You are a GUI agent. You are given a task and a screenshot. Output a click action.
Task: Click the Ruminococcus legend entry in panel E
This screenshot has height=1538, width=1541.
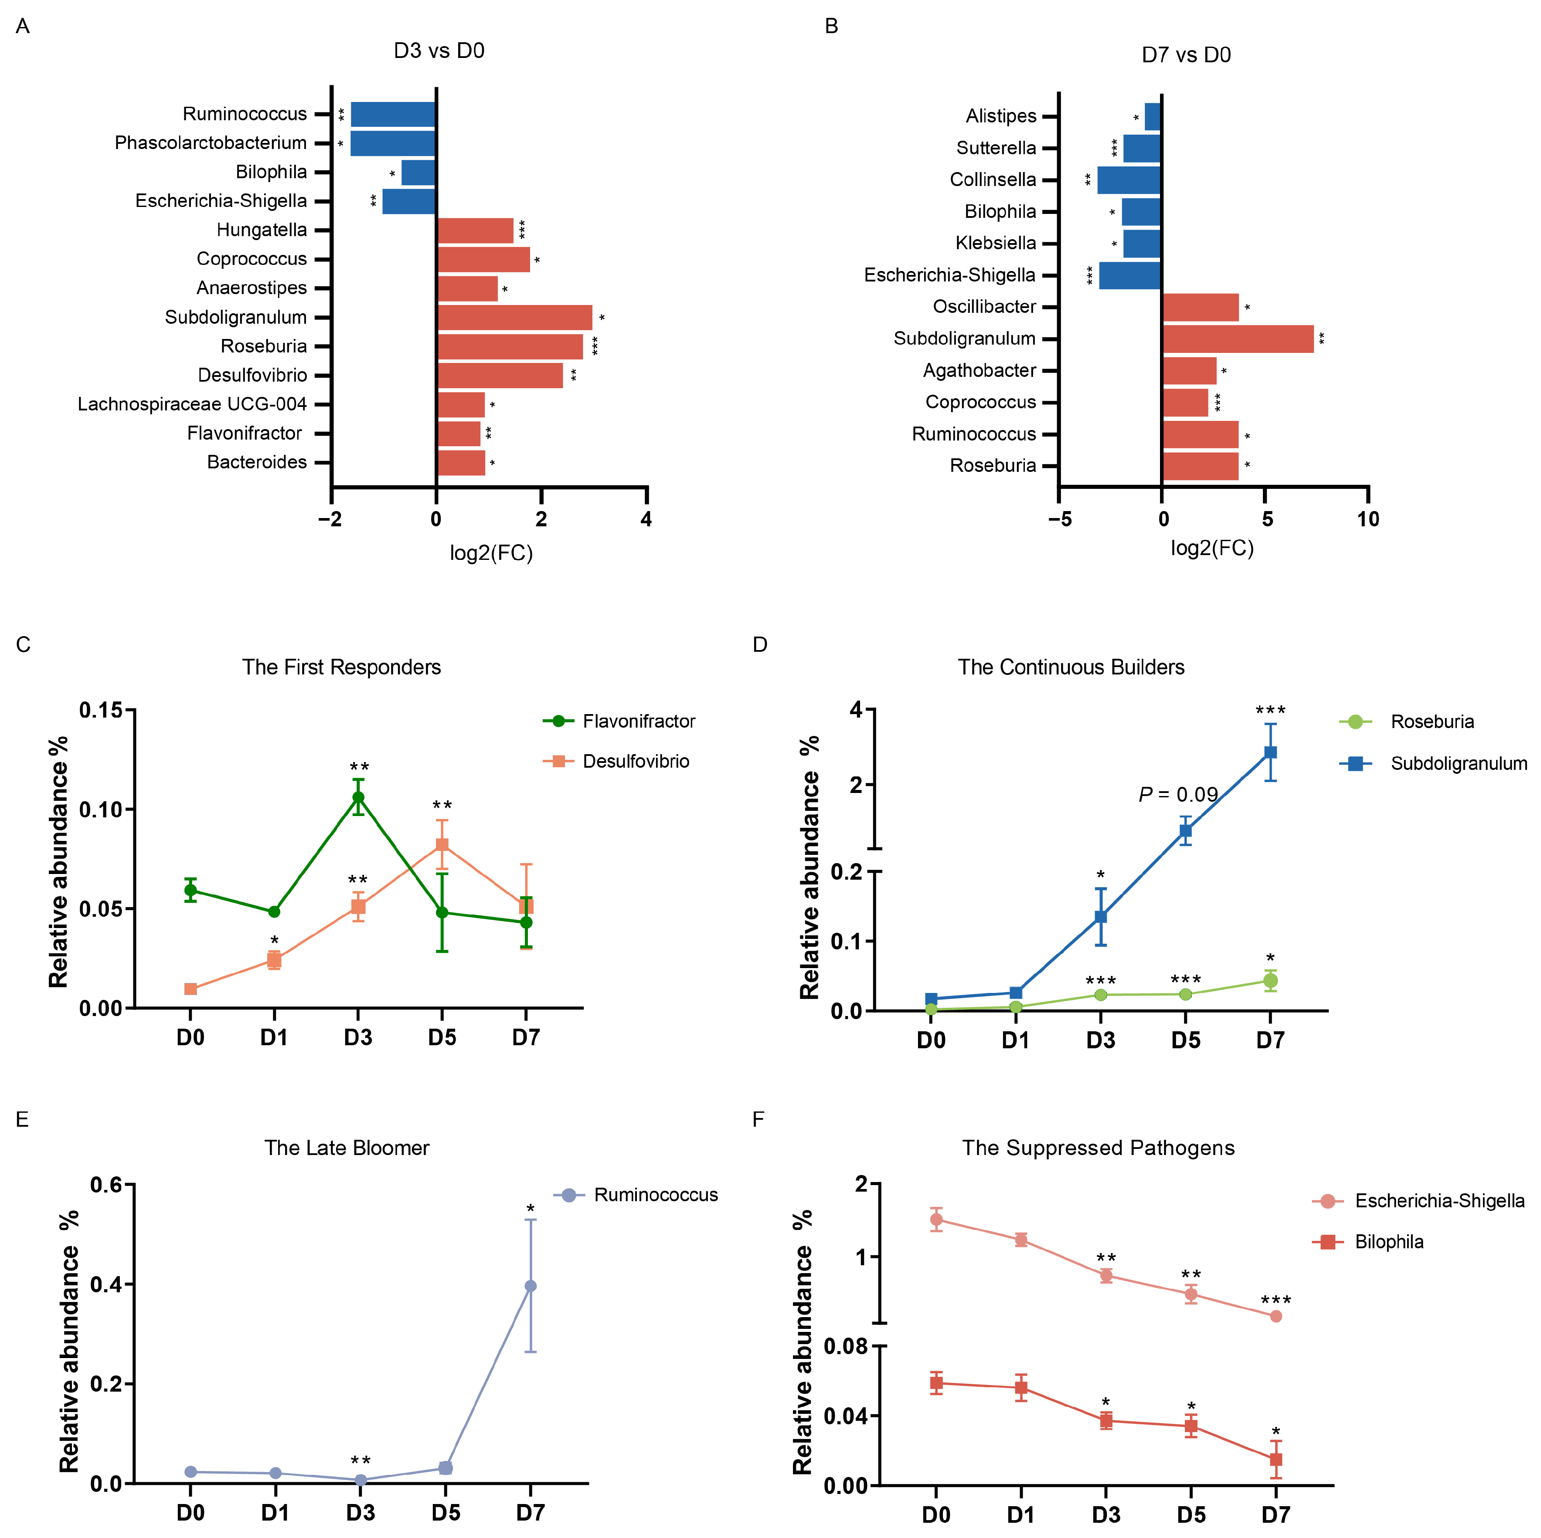(636, 1194)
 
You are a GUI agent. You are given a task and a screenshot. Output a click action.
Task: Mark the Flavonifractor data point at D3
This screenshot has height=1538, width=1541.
(358, 797)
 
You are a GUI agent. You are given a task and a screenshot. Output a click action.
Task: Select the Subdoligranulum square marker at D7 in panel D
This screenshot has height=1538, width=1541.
(1271, 752)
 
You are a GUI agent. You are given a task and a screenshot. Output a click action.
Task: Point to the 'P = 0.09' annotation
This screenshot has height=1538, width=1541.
(1178, 794)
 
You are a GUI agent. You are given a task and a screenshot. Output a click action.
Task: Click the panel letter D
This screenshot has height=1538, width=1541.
(760, 644)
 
